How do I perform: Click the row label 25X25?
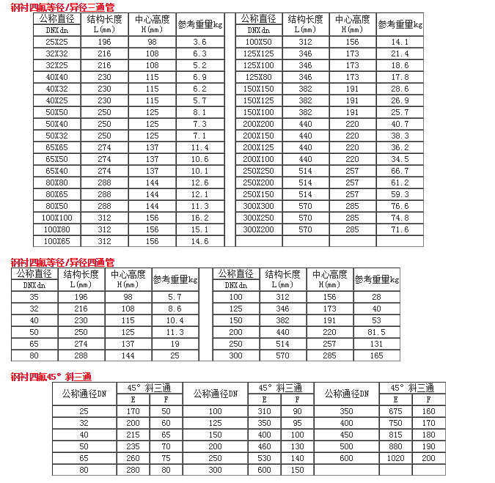click(56, 43)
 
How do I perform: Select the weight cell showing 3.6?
click(199, 43)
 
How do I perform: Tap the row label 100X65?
click(56, 241)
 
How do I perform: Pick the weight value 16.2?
click(199, 218)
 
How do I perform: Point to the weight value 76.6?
click(400, 206)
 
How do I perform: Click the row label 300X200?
click(258, 229)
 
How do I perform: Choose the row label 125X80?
click(258, 77)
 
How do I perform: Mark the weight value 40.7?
click(400, 124)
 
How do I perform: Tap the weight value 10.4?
click(175, 320)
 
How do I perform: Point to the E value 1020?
click(396, 458)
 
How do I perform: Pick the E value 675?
click(396, 411)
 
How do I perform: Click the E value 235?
click(133, 446)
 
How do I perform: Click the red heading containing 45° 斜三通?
click(51, 377)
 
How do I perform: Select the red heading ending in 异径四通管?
click(62, 262)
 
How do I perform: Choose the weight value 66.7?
click(400, 171)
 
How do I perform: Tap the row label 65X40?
click(56, 171)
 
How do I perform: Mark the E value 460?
click(264, 446)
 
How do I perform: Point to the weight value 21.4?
click(400, 54)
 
